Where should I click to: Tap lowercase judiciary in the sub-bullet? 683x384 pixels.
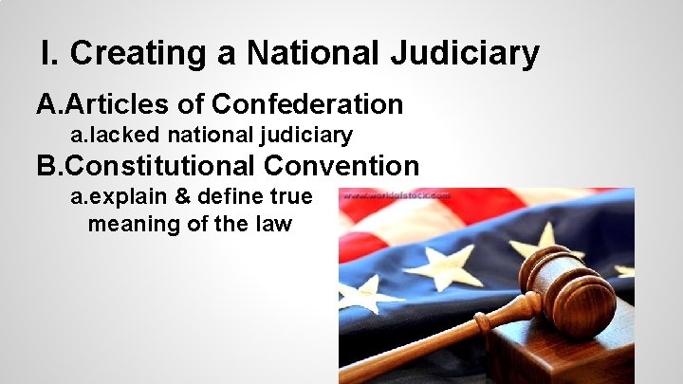pos(305,136)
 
